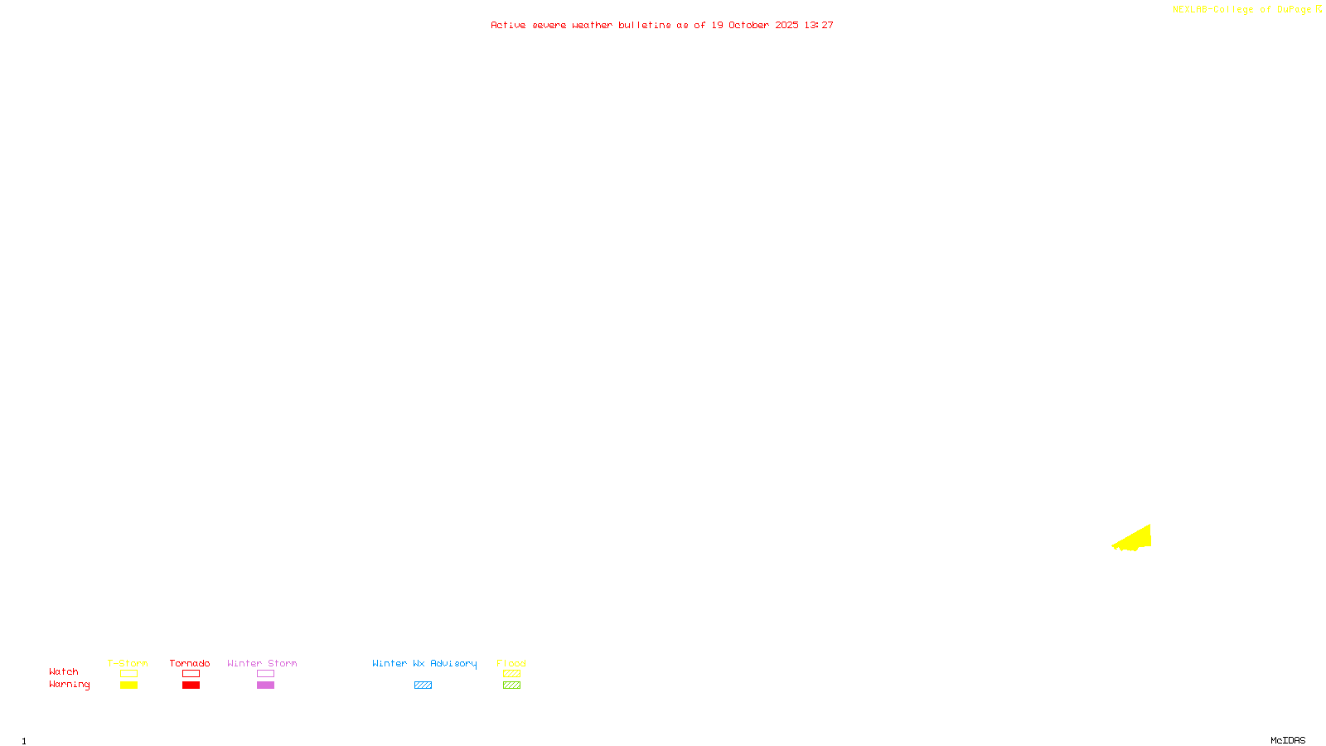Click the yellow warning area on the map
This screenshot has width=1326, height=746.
1137,539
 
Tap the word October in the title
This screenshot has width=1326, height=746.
748,26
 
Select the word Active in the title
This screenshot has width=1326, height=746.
508,26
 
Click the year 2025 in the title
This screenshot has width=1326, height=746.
787,26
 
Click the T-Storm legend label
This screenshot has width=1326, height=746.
128,663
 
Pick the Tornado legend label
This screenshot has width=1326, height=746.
190,663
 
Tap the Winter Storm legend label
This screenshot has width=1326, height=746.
262,663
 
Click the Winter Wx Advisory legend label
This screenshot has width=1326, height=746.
424,663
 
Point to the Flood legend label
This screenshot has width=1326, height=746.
511,663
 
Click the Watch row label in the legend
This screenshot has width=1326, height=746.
64,672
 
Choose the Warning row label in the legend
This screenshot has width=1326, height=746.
70,685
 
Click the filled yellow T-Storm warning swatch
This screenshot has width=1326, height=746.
128,685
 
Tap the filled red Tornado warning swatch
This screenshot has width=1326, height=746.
191,685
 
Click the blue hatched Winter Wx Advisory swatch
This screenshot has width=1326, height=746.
423,685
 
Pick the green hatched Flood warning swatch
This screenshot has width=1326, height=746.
511,685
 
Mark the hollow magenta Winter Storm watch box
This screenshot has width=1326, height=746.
265,674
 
